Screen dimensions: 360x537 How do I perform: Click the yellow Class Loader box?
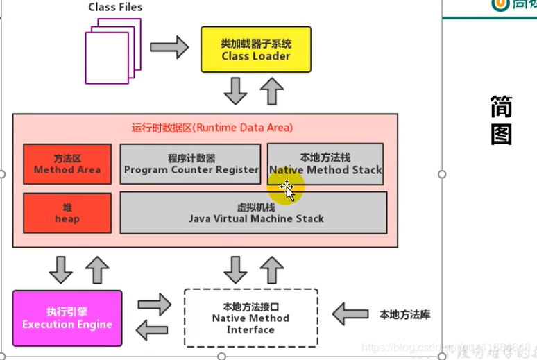[x=256, y=49]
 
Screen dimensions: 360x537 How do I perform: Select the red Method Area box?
[x=67, y=164]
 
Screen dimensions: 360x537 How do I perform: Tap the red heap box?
[x=67, y=213]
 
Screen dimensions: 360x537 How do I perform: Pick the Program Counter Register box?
[x=190, y=164]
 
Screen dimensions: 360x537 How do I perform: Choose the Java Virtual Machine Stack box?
[x=253, y=213]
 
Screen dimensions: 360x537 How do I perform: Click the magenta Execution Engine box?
[x=67, y=318]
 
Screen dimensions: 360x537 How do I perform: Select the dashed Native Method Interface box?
[x=250, y=318]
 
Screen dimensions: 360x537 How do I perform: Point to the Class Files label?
[x=115, y=8]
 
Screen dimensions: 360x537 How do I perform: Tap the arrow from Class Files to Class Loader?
[x=169, y=47]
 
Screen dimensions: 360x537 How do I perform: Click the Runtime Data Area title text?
[x=212, y=128]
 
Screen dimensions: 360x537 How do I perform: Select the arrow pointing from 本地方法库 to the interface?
[x=350, y=314]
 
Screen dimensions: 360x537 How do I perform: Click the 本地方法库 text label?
[x=405, y=315]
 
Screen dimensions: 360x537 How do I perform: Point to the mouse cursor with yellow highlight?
[x=286, y=188]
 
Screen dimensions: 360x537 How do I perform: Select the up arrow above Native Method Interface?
[x=272, y=269]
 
